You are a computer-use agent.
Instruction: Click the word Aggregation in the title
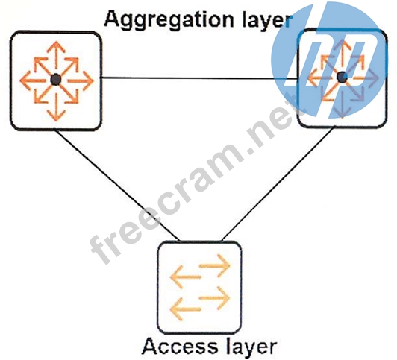point(169,20)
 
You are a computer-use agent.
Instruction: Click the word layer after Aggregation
point(267,21)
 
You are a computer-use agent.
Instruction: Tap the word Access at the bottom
point(180,346)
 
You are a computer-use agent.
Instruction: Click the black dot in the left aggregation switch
point(56,80)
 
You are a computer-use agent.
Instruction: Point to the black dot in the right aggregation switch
point(342,77)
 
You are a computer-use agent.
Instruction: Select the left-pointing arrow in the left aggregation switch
point(33,80)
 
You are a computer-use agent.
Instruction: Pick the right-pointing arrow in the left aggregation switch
point(80,80)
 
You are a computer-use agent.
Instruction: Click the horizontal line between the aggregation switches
point(199,78)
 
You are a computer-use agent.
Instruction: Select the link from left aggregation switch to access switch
point(117,186)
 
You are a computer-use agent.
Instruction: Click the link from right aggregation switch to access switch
point(277,184)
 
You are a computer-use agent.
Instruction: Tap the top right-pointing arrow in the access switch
point(215,265)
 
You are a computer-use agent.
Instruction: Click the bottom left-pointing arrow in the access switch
point(186,309)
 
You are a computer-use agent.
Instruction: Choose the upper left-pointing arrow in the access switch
point(186,277)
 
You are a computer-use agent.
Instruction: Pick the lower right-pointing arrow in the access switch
point(215,298)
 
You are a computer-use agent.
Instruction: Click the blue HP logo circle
point(328,60)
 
